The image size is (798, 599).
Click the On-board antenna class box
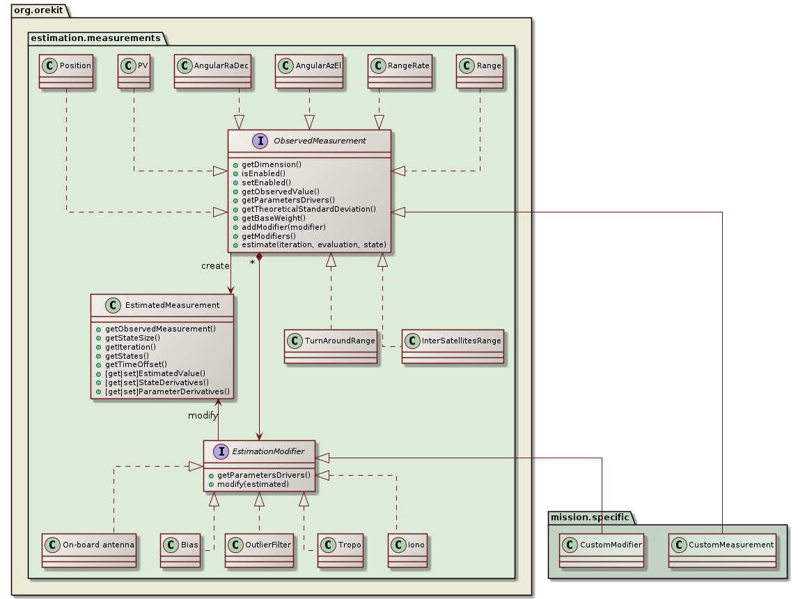(88, 550)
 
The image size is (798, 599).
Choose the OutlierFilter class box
(259, 550)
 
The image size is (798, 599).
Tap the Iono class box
(407, 550)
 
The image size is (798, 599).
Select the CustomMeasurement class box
(723, 550)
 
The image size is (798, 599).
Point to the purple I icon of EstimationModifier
(221, 451)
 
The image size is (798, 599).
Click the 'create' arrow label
(215, 266)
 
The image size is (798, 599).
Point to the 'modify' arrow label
(203, 415)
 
